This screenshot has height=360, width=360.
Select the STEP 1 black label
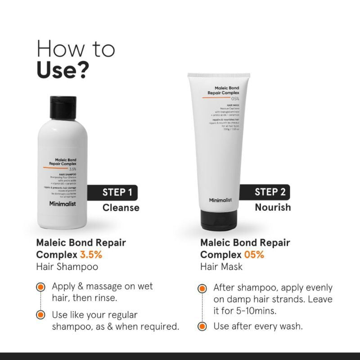point(117,193)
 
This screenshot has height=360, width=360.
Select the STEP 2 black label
point(269,192)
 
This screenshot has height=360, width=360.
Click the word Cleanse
point(121,207)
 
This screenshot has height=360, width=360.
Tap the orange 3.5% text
point(91,254)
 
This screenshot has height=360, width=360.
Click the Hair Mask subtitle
point(221,266)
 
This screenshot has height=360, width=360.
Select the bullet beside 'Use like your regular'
point(40,315)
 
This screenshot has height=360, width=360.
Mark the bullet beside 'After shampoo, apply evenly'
point(203,288)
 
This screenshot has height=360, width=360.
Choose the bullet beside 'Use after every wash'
point(203,326)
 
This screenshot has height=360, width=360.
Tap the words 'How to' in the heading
point(76,49)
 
